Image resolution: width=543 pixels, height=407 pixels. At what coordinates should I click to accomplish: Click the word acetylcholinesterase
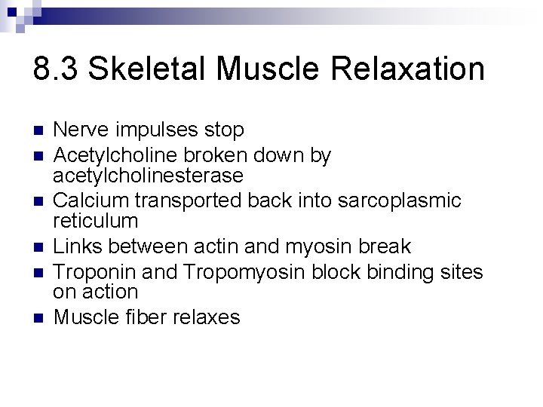pos(148,176)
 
